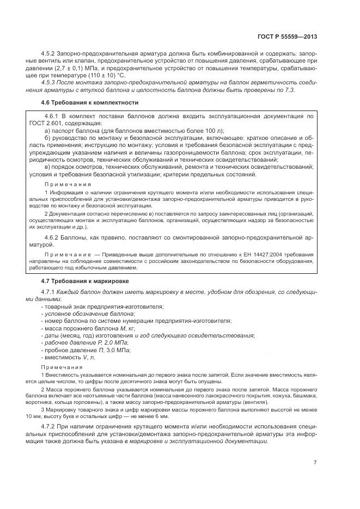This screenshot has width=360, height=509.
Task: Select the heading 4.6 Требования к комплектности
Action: pyautogui.click(x=89, y=102)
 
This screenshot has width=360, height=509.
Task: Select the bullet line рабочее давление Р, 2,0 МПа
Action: pyautogui.click(x=84, y=343)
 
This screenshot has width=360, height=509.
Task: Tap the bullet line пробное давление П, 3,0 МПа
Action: pyautogui.click(x=84, y=350)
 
